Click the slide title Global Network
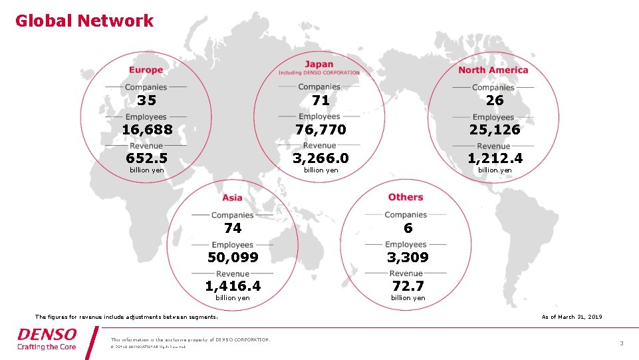coord(84,21)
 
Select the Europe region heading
coord(146,70)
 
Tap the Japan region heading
coord(319,65)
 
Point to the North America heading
coord(493,70)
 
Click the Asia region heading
coord(233,197)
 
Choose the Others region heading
coord(406,197)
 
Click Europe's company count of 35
coord(146,100)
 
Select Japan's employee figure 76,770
coord(320,130)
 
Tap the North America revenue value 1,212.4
coord(494,158)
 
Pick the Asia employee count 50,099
coord(233,258)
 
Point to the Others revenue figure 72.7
coord(408,286)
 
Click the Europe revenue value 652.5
coord(146,158)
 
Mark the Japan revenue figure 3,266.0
coord(320,158)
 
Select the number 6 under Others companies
coord(408,228)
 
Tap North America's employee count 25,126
coord(494,130)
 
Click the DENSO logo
coord(47,334)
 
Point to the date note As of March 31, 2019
coord(572,317)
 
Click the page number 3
coord(622,343)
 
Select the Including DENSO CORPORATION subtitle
coord(319,73)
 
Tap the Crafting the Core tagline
coord(47,347)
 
